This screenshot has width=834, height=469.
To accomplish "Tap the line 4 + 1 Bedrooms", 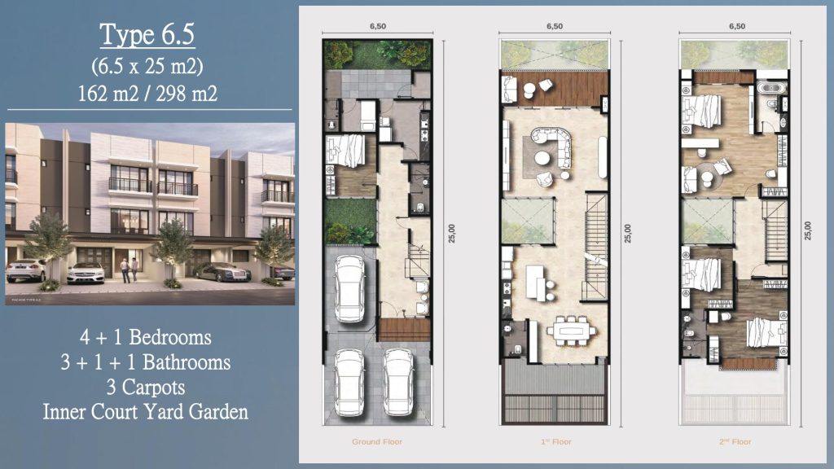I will (147, 337).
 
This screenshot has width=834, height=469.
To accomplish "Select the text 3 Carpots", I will (147, 387).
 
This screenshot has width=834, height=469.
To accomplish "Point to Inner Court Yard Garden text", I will (147, 412).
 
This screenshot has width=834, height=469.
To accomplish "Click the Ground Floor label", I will (377, 442).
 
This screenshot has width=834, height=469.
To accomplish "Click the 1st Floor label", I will (555, 442).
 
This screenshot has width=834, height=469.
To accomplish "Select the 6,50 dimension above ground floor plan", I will (377, 26).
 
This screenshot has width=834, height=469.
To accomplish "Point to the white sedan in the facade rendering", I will (85, 272).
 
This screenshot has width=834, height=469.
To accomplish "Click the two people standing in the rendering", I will (129, 270).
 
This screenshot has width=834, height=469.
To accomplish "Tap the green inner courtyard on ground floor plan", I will (349, 221).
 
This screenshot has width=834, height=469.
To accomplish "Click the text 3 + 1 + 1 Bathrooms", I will (147, 362).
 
